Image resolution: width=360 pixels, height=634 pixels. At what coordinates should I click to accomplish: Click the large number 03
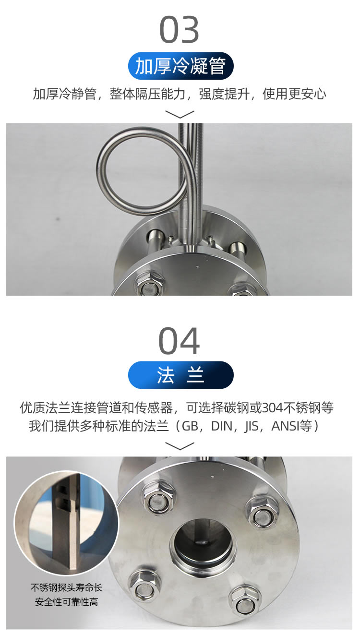click(x=179, y=29)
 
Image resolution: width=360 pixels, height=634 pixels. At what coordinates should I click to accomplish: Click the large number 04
click(x=179, y=341)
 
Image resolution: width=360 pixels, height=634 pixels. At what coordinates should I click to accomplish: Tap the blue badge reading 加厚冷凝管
click(x=180, y=66)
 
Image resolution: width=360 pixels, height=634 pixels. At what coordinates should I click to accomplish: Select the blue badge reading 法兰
click(x=180, y=375)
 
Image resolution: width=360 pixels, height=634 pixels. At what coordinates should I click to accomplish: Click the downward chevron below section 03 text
click(x=180, y=115)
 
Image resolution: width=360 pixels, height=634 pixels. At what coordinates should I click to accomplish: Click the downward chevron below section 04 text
click(x=180, y=446)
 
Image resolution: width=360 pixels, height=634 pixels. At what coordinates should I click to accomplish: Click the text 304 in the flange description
click(x=272, y=407)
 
